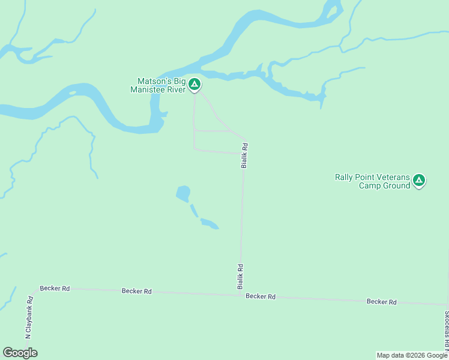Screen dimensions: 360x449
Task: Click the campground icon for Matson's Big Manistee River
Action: (x=194, y=85)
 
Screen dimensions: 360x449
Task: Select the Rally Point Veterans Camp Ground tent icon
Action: (x=419, y=180)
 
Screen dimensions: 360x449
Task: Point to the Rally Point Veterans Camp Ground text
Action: (x=372, y=181)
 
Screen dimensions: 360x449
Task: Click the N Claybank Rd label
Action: (x=28, y=317)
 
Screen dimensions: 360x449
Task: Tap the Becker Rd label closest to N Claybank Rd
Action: (x=55, y=289)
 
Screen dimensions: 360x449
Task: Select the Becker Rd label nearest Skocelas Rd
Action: (x=382, y=302)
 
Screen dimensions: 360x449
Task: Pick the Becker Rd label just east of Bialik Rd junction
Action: (x=261, y=296)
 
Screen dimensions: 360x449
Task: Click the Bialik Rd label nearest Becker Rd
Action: (x=240, y=277)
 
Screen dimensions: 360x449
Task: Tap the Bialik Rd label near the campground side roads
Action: (x=244, y=155)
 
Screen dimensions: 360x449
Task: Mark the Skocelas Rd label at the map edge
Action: (x=446, y=330)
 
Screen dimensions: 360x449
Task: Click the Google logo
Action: (x=20, y=353)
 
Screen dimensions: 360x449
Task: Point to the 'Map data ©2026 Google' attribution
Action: (x=412, y=355)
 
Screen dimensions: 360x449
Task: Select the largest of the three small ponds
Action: (x=183, y=194)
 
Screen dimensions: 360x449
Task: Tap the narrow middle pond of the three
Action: (x=194, y=211)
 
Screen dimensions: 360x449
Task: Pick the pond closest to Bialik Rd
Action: (x=209, y=224)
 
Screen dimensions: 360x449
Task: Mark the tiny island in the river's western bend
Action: (x=72, y=93)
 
